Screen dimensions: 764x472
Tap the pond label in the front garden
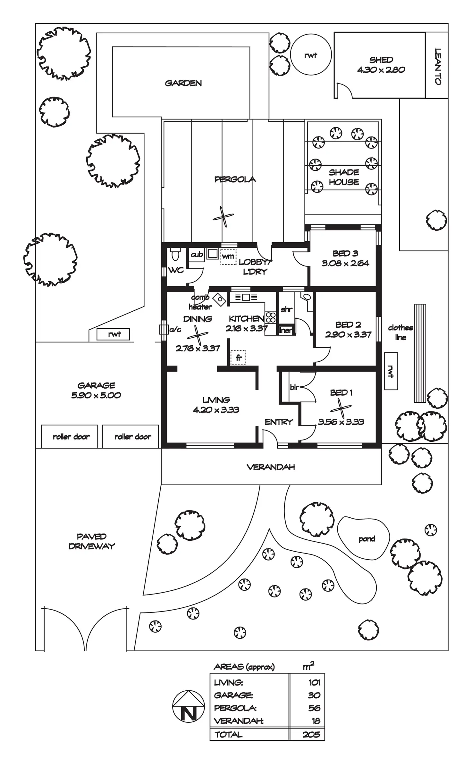(x=367, y=539)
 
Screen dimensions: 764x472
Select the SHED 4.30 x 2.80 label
(x=381, y=65)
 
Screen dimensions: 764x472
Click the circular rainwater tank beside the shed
(x=310, y=55)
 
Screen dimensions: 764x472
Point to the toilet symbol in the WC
(x=175, y=255)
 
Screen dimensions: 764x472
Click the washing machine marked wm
(x=228, y=257)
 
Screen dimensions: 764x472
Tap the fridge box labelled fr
(x=238, y=357)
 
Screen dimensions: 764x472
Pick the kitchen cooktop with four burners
(x=271, y=317)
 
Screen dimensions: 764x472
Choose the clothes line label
(x=400, y=332)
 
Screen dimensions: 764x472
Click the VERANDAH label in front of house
(x=271, y=467)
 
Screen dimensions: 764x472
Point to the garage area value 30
(x=314, y=695)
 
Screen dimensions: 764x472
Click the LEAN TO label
(x=438, y=66)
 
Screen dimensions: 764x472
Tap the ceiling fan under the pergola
(x=223, y=217)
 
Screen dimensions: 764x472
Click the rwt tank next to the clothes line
(x=391, y=371)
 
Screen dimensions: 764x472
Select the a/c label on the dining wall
(x=175, y=329)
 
